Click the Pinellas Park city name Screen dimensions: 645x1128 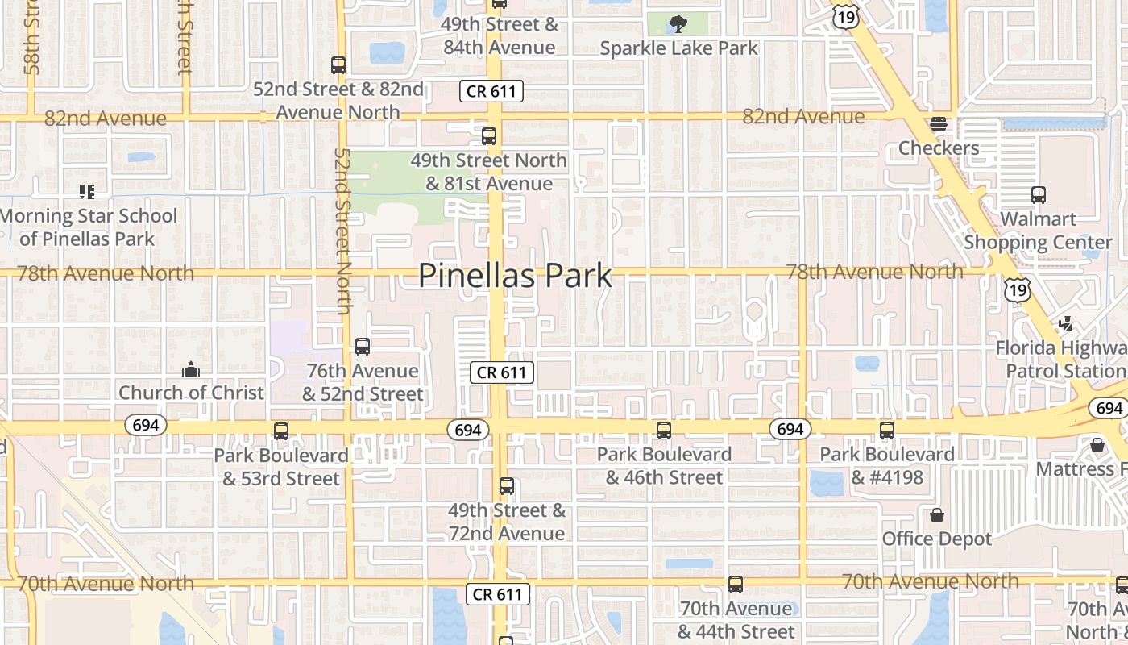(x=515, y=276)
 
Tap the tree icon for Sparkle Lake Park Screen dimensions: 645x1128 (x=679, y=23)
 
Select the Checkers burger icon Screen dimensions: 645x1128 (x=938, y=124)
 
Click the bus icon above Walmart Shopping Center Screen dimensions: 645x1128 (x=1038, y=194)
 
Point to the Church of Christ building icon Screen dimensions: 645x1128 (x=191, y=369)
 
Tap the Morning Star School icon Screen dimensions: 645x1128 (x=87, y=192)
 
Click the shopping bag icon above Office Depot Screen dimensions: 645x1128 (x=936, y=514)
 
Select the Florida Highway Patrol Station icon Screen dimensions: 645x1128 (x=1066, y=324)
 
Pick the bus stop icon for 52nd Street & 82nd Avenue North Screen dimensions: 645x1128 (x=338, y=65)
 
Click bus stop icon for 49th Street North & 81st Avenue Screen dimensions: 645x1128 (x=489, y=136)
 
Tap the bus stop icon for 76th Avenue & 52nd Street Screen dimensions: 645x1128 (x=363, y=347)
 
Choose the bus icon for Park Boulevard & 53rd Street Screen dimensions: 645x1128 (x=280, y=431)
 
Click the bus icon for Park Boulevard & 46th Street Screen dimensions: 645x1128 (x=663, y=431)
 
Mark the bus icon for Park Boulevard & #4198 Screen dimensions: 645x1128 (x=887, y=431)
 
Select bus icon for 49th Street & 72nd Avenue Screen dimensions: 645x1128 (x=506, y=486)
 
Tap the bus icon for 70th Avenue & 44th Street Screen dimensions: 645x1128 (x=735, y=585)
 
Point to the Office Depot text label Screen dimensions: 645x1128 (x=936, y=539)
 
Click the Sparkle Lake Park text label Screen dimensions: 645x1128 (x=679, y=48)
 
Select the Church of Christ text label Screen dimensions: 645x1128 (x=191, y=393)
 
